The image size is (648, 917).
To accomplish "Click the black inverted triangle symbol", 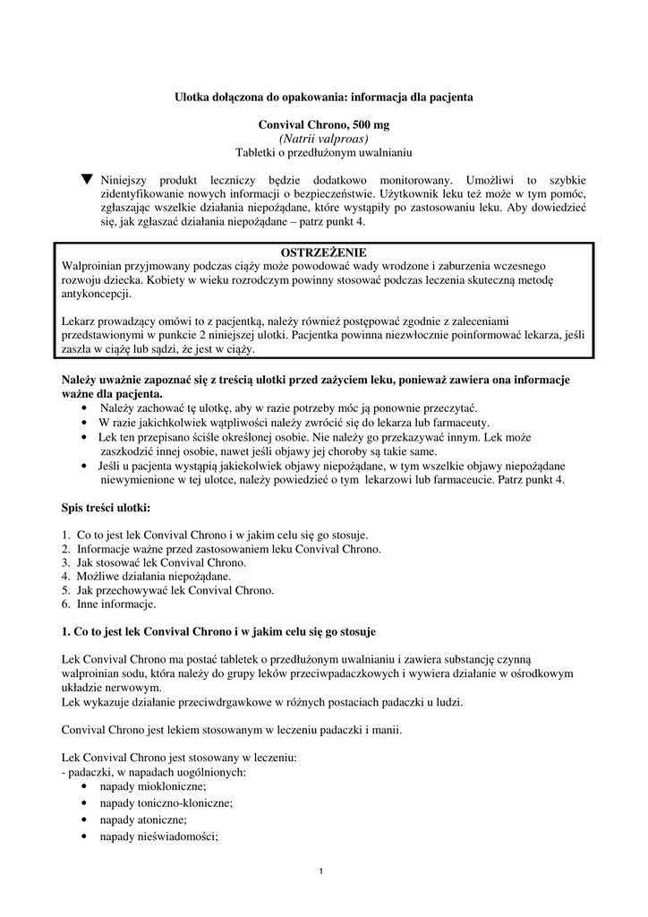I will (x=87, y=179).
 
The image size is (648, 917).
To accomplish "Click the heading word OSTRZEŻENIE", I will (x=323, y=253).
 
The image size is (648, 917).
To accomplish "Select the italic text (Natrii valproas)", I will (x=323, y=139).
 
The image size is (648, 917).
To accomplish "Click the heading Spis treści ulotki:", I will (x=107, y=508).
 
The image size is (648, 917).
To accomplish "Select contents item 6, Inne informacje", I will (x=117, y=604).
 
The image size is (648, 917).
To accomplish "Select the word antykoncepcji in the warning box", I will (x=97, y=294).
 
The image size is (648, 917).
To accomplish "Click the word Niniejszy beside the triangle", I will (x=129, y=179).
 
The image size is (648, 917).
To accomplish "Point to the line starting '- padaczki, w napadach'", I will (x=153, y=770).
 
